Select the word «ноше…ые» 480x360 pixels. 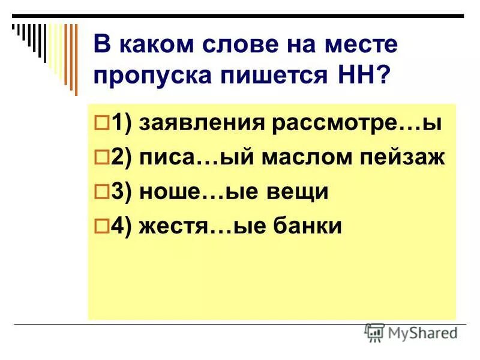click(x=193, y=192)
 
